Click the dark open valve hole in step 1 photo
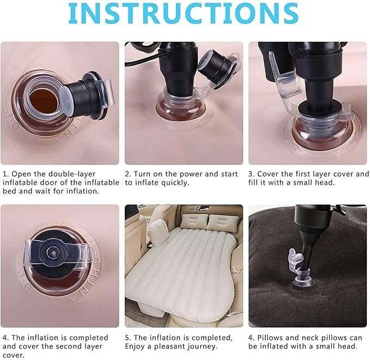tap(44, 101)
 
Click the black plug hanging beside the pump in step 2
tap(216, 64)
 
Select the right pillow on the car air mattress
tap(221, 222)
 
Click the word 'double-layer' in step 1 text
tap(72, 174)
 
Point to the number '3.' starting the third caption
tap(252, 174)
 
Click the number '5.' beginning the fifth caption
tap(129, 338)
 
